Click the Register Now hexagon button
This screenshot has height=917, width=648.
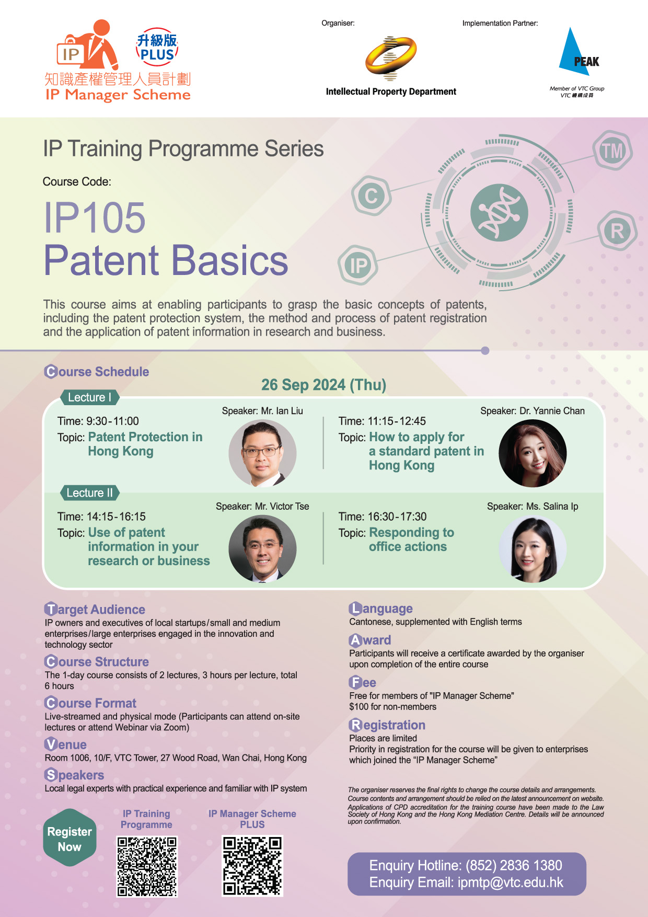point(70,839)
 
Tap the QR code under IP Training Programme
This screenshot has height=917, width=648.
point(147,866)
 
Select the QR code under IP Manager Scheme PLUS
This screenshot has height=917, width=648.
point(252,866)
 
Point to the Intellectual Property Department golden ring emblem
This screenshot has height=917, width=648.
point(391,58)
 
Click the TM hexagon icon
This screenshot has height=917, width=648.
point(612,151)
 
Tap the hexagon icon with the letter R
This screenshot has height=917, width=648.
point(617,231)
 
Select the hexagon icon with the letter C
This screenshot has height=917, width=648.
point(371,196)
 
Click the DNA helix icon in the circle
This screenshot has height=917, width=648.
point(499,213)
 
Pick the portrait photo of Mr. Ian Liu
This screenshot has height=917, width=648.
point(263,453)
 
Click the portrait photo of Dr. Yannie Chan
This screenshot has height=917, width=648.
point(533,453)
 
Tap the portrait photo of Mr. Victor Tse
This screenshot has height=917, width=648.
point(263,548)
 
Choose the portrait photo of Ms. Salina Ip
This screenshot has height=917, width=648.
point(533,549)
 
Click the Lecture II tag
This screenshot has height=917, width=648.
point(89,492)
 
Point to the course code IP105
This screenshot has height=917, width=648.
point(95,217)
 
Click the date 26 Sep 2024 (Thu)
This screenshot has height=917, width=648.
point(324,385)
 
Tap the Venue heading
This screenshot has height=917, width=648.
point(66,744)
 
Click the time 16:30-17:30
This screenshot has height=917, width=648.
point(397,517)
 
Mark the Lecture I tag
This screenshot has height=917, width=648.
point(90,397)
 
